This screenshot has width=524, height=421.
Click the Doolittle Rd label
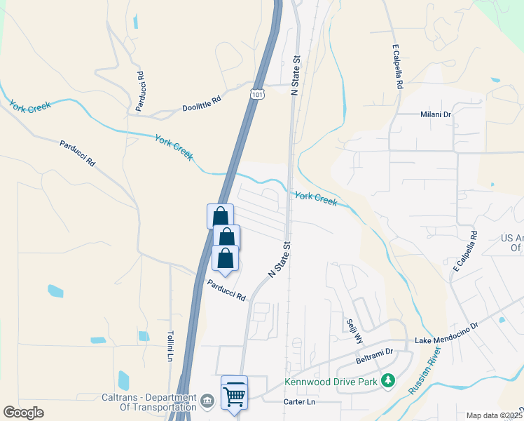click(x=201, y=104)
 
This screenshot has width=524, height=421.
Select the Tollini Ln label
click(x=170, y=345)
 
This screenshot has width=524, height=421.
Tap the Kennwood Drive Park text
click(x=331, y=383)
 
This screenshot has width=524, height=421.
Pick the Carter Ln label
click(x=300, y=402)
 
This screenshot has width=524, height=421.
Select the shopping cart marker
click(x=235, y=392)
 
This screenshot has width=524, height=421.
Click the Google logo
click(x=23, y=412)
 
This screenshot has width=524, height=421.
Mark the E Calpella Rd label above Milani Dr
click(x=398, y=67)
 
